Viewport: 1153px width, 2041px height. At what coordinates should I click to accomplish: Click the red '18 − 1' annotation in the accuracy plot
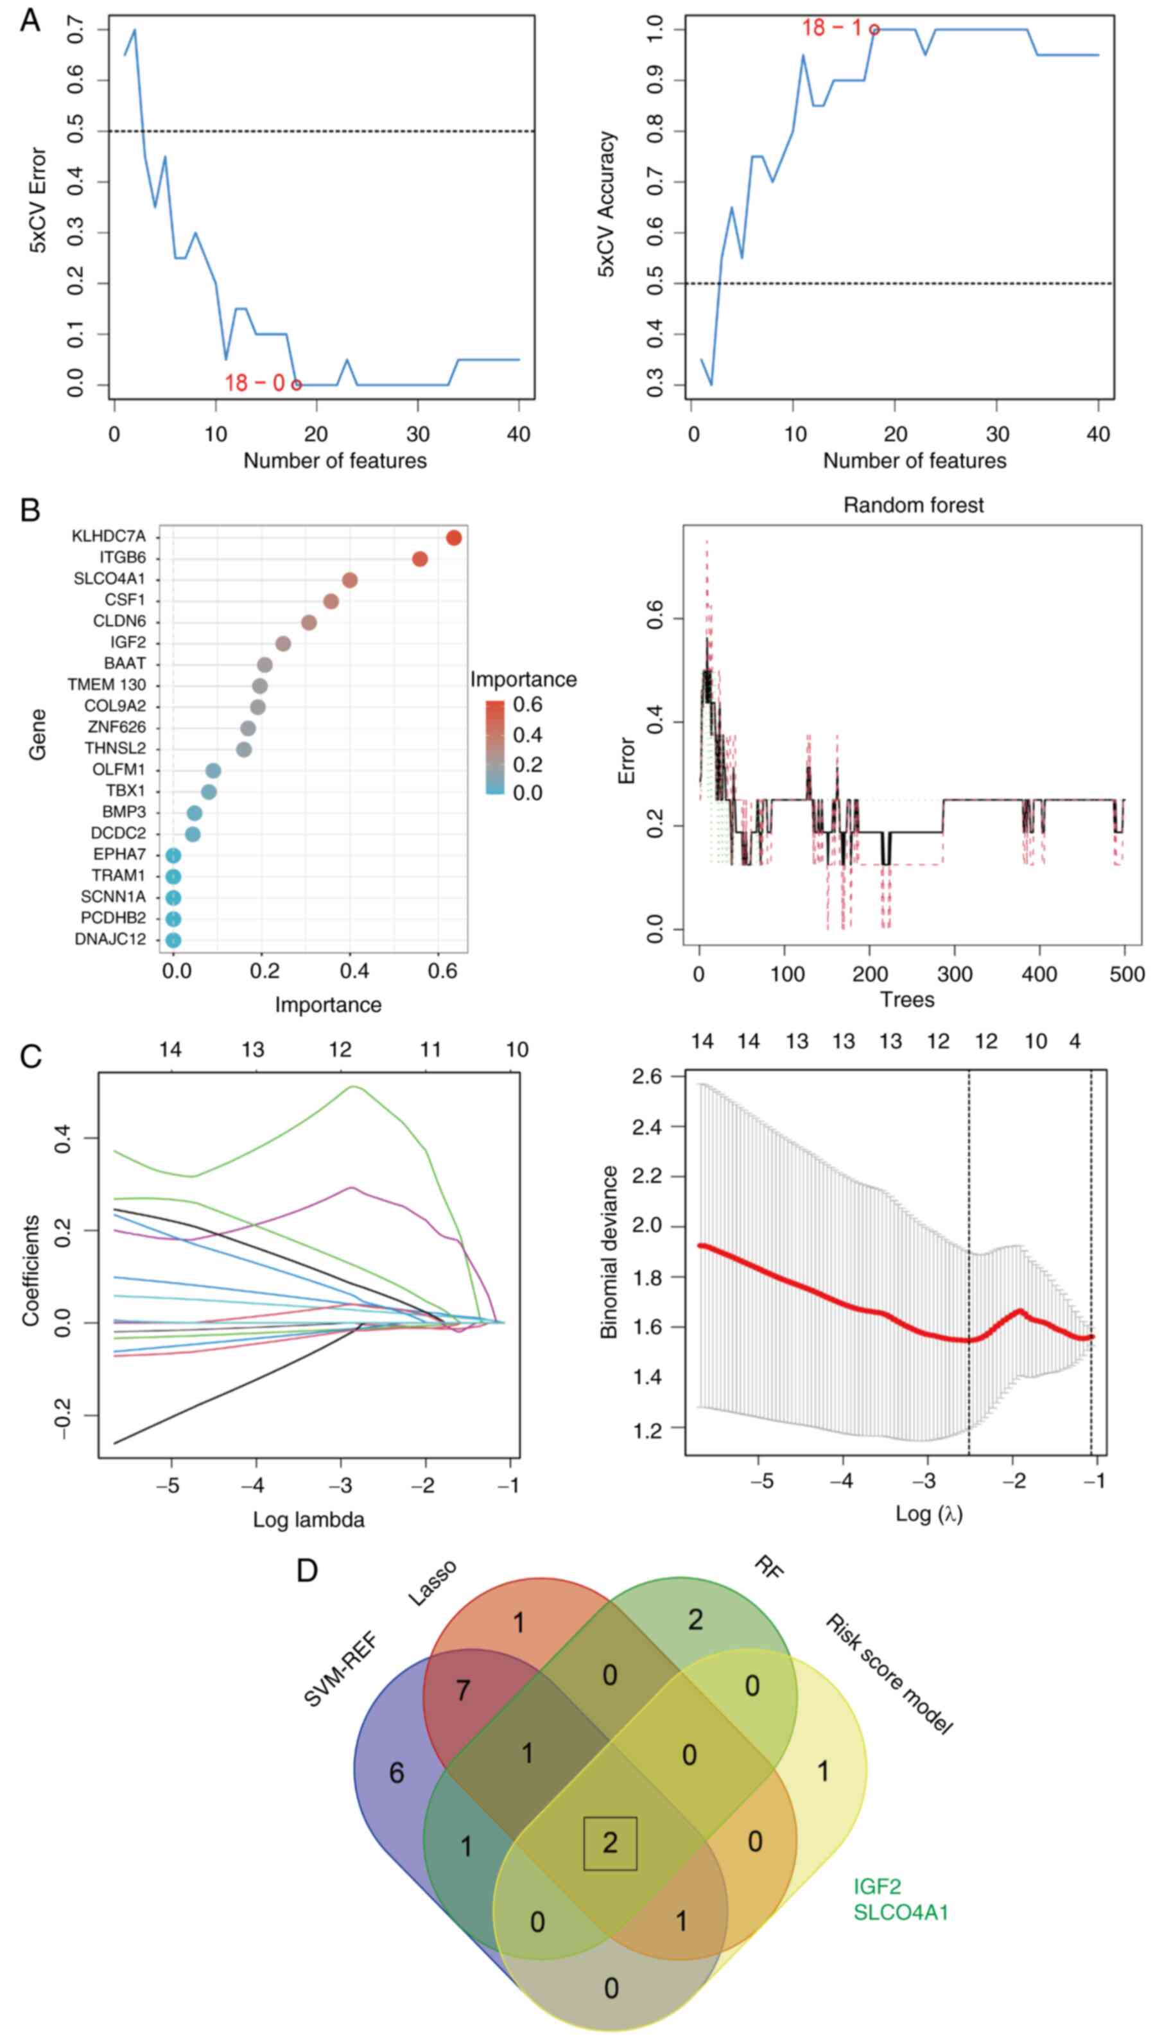tap(831, 28)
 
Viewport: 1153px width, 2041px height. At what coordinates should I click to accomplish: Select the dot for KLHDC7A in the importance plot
tap(454, 538)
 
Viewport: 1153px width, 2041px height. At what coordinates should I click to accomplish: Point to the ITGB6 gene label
tap(123, 559)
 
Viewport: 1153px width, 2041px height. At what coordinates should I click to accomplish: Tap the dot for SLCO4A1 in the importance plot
tap(350, 581)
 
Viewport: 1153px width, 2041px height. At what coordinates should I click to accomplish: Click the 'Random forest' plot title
tap(913, 505)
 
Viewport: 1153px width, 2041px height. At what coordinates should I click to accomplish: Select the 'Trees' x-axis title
tap(908, 1000)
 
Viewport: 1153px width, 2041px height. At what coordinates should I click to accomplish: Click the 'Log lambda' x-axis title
tap(309, 1520)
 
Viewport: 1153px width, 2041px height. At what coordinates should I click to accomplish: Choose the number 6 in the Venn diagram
tap(397, 1773)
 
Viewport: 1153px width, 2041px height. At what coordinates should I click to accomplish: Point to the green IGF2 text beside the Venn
tap(877, 1886)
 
